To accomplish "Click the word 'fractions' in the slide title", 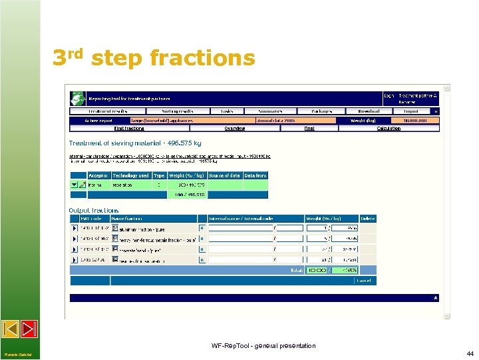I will pyautogui.click(x=202, y=59).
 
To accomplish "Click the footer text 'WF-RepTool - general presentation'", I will pyautogui.click(x=263, y=345).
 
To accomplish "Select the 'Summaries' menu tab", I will pyautogui.click(x=270, y=111).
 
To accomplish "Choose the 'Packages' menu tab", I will pyautogui.click(x=315, y=111).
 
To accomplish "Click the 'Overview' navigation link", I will pyautogui.click(x=234, y=128).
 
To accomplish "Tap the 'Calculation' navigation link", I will pyautogui.click(x=389, y=128).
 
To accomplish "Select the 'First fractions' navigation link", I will pyautogui.click(x=129, y=128).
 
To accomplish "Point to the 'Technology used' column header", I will pyautogui.click(x=131, y=175).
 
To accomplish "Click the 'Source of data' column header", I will pyautogui.click(x=225, y=175).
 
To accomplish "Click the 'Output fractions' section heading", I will pyautogui.click(x=94, y=211).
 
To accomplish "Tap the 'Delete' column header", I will pyautogui.click(x=368, y=219).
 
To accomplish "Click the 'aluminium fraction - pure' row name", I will pyautogui.click(x=144, y=229).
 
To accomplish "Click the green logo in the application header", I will pyautogui.click(x=77, y=97).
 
